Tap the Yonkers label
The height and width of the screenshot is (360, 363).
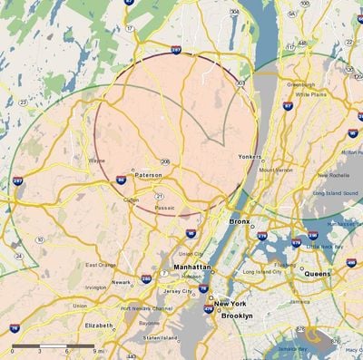250,156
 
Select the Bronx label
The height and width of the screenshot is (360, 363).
240,221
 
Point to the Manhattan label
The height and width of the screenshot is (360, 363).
193,268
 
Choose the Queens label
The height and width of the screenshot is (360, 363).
317,273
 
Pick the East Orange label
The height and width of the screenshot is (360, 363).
101,265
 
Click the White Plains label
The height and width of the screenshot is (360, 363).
311,93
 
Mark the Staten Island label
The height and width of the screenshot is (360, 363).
162,337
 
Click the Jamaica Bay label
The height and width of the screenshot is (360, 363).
316,349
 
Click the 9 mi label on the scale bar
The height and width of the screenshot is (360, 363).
99,350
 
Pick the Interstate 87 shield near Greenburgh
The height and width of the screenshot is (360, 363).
288,106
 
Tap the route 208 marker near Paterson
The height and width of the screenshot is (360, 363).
166,162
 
